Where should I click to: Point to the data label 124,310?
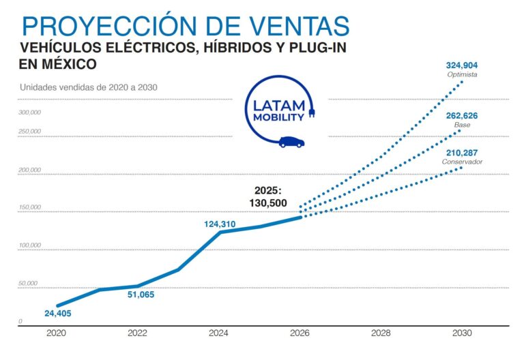coord(224,224)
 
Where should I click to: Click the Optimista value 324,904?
coord(462,65)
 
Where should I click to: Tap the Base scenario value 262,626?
coord(462,116)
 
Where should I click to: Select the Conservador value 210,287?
coord(462,153)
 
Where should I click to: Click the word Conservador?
coord(462,162)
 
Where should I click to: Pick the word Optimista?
coord(462,74)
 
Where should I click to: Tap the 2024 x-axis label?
coord(218,334)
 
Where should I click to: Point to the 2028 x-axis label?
coord(381,334)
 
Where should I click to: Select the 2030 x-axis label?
coord(462,334)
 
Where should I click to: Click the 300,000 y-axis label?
coord(30,112)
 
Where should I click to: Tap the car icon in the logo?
coord(291,142)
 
